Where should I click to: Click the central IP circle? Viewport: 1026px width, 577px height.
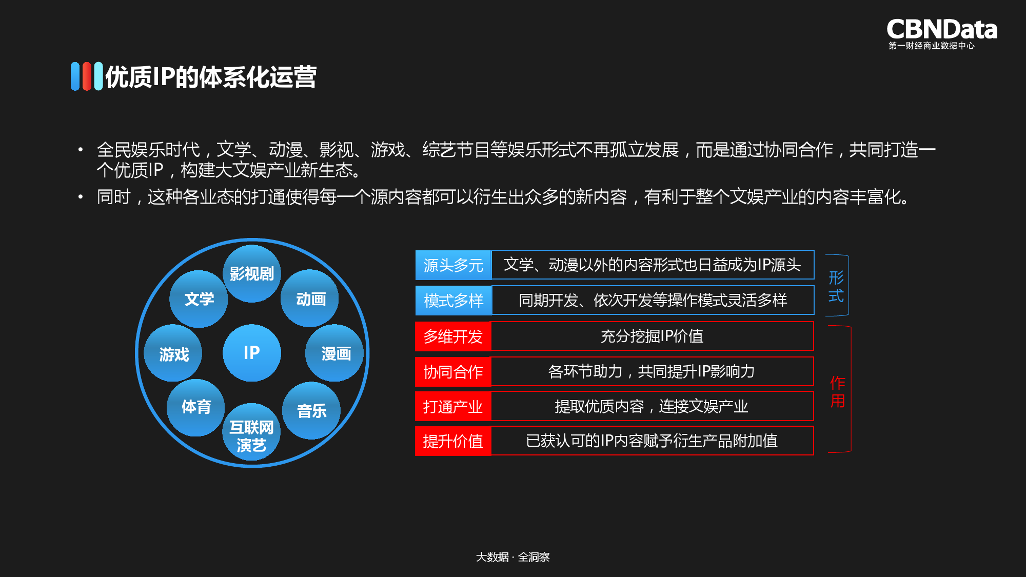251,353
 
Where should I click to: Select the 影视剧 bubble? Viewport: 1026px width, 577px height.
251,274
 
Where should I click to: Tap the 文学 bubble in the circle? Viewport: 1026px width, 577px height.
199,299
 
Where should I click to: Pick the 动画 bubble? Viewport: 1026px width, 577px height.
310,299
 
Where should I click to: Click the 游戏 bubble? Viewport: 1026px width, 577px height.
173,354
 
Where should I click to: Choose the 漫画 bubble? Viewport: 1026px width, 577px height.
335,353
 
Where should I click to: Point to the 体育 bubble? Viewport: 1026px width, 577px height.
196,407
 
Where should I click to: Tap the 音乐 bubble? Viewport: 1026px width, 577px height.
311,411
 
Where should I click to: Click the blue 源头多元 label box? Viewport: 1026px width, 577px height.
453,265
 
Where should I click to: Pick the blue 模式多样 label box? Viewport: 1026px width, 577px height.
453,301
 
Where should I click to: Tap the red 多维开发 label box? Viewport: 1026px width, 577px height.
453,336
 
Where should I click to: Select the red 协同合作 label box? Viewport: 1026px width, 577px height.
453,372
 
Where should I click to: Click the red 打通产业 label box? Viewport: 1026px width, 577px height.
453,407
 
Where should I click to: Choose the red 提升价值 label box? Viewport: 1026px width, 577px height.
453,441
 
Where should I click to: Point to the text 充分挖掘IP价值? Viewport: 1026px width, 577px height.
652,336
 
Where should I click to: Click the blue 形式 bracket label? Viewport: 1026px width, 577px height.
836,287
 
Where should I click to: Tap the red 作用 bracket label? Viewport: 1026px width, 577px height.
838,391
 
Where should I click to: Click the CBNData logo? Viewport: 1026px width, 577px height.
941,33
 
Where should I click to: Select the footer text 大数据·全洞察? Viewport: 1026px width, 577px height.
512,557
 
